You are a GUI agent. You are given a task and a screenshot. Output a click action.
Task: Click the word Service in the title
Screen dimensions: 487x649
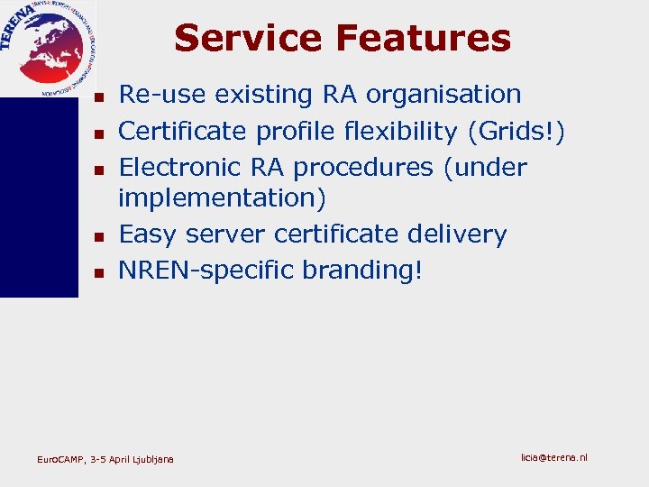click(x=248, y=38)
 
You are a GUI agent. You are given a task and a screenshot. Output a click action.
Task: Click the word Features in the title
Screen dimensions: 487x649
click(x=423, y=38)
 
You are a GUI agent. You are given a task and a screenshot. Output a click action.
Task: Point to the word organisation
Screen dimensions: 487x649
click(x=448, y=94)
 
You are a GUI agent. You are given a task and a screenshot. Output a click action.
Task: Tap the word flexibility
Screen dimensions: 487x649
click(x=401, y=131)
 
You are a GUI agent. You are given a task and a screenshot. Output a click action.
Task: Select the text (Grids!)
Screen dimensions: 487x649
click(x=516, y=131)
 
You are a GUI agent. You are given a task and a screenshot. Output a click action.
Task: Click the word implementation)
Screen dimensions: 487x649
click(x=223, y=198)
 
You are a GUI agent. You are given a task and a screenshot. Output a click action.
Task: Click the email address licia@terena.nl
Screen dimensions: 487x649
click(x=553, y=457)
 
